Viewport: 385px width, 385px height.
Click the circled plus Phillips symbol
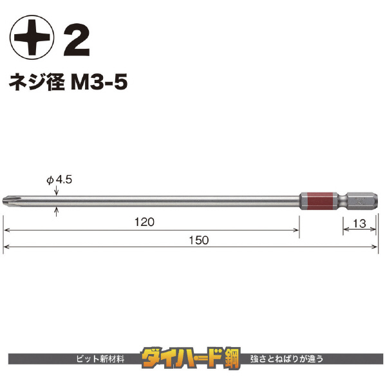(32, 37)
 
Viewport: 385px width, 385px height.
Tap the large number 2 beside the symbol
(77, 40)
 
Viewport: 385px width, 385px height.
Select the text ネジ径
(37, 82)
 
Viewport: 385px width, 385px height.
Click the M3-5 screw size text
(99, 82)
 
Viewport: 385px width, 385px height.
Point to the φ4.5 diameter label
(59, 180)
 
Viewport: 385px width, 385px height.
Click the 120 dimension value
(144, 222)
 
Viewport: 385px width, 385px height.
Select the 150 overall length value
(199, 240)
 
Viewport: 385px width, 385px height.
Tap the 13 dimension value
(359, 223)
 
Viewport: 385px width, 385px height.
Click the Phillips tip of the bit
(6, 202)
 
